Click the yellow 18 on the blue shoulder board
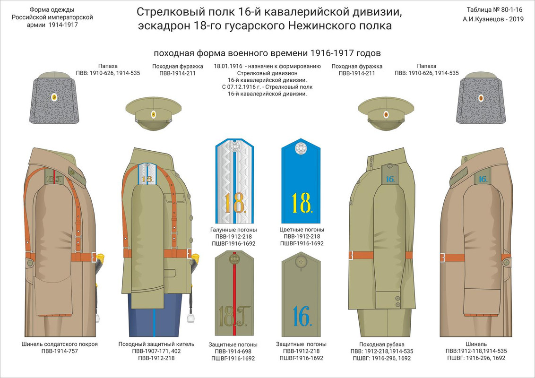(x=301, y=202)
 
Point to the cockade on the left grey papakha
(x=54, y=98)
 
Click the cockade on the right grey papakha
(x=481, y=98)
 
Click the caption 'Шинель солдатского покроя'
(x=60, y=344)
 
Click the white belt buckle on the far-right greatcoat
(x=442, y=258)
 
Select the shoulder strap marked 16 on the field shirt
(x=389, y=178)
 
